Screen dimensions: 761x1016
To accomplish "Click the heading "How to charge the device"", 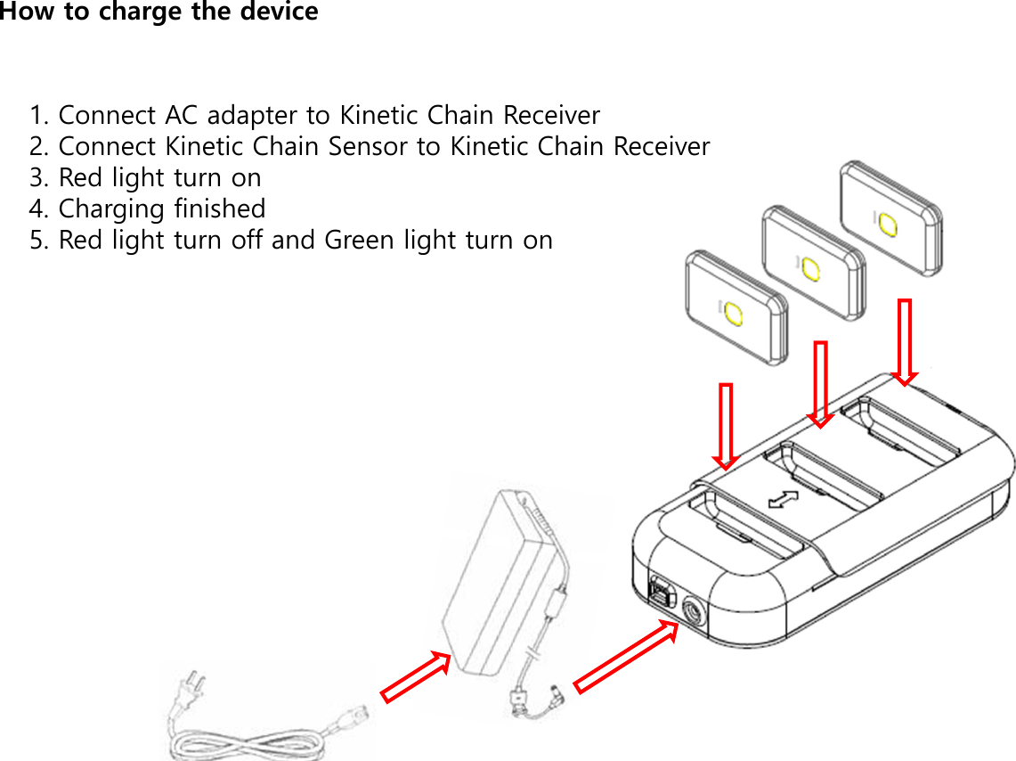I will coord(159,12).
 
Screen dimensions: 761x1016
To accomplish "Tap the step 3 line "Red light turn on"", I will coord(145,178).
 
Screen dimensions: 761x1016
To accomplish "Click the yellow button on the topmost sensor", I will coord(888,224).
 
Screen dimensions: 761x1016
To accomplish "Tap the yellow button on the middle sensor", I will coord(809,268).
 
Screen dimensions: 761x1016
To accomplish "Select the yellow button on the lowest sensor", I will coord(733,314).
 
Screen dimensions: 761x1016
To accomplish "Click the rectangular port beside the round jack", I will coord(660,593).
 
